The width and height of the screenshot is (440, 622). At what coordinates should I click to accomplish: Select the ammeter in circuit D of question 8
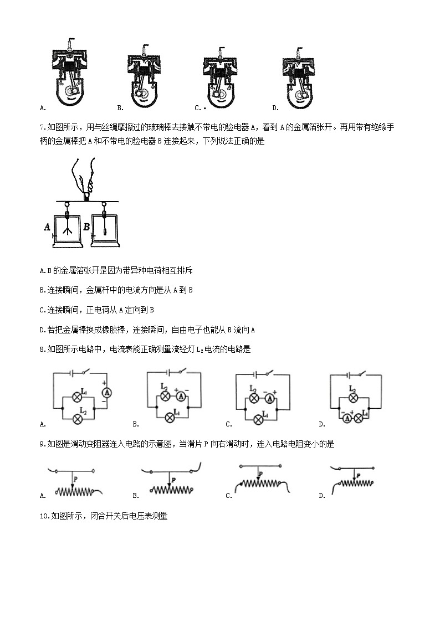pos(347,419)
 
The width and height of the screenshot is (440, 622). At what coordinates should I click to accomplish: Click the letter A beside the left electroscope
pos(49,226)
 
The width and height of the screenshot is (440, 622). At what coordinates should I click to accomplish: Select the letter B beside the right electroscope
pos(86,226)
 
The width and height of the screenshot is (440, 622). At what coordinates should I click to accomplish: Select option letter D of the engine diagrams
pos(275,108)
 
